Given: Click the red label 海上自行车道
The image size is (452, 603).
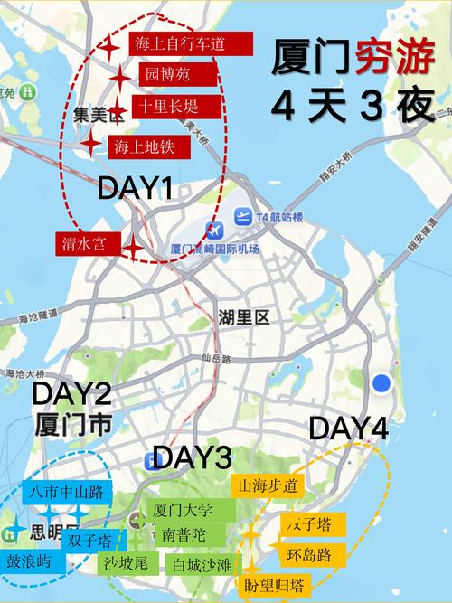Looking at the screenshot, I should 178,43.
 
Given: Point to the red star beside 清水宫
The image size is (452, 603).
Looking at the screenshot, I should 133,247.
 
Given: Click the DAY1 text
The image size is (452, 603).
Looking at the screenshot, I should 135,187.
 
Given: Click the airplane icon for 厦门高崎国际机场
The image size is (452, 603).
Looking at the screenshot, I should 215,231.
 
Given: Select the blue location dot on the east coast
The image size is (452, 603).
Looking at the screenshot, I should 382,383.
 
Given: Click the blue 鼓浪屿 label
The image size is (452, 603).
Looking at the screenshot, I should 33,561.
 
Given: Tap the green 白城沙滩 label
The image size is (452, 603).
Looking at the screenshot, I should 202,566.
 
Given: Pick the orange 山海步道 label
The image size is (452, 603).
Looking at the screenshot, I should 267,486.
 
